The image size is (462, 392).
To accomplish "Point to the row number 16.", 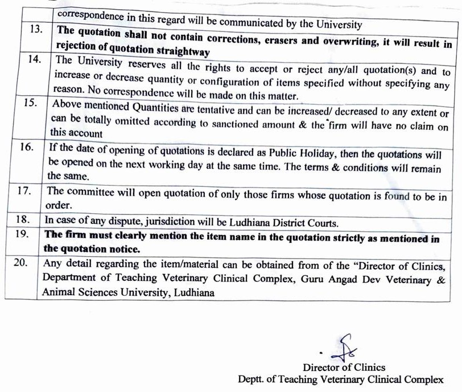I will (26, 148).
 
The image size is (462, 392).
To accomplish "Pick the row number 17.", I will (23, 190).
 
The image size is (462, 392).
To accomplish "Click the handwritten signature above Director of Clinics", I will (343, 346).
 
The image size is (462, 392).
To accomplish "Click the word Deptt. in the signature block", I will (252, 379).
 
